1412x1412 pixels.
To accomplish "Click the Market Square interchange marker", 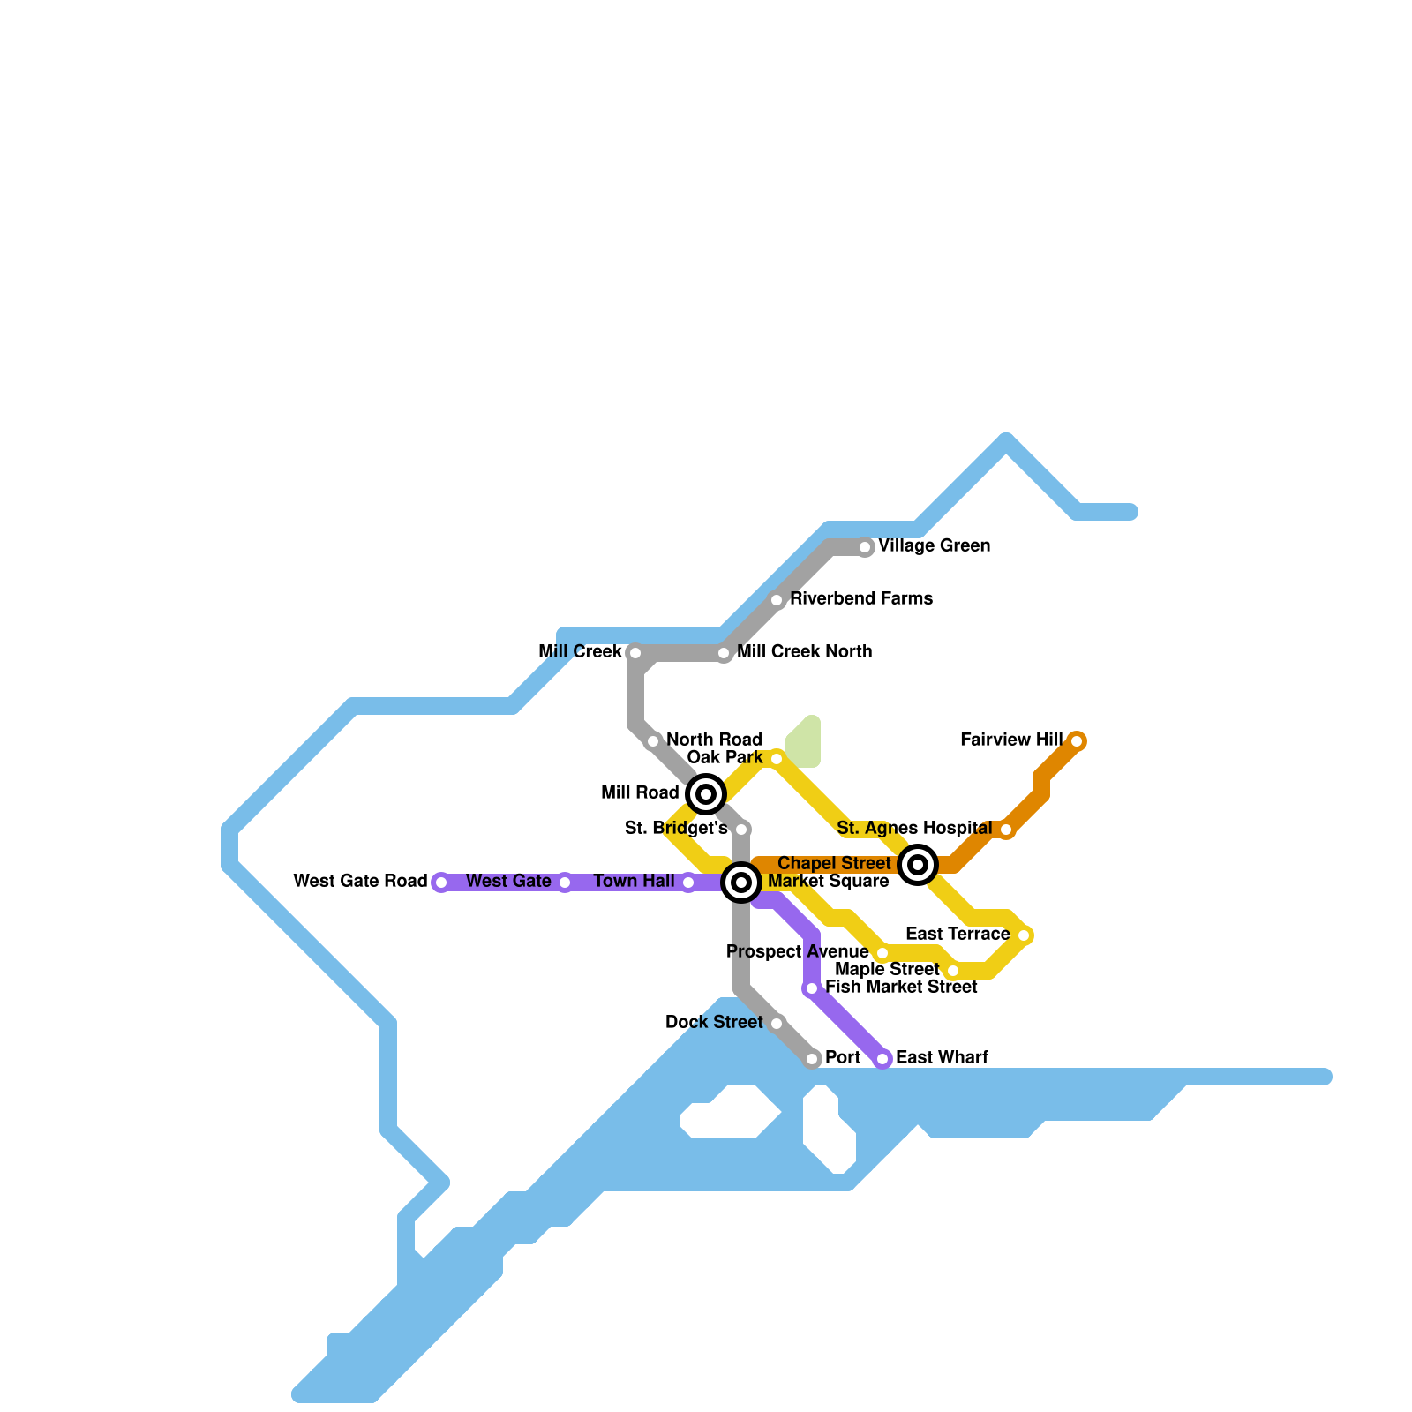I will tap(741, 882).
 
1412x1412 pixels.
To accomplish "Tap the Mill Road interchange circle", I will tap(706, 794).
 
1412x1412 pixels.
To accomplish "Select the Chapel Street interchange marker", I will tap(918, 865).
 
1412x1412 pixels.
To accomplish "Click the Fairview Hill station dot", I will tap(1077, 741).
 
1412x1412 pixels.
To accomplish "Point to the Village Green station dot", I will tap(865, 547).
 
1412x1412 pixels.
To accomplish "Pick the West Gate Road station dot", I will tap(441, 882).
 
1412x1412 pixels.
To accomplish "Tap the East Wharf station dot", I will tap(882, 1059).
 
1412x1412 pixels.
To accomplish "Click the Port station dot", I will tap(812, 1059).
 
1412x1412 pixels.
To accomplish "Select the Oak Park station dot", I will tap(777, 759).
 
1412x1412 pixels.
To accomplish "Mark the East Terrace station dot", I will tap(1024, 935).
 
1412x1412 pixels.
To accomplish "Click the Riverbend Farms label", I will tap(860, 599).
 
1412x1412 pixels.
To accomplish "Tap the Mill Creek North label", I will tap(804, 652).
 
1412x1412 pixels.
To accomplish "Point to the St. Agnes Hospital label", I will tap(914, 829).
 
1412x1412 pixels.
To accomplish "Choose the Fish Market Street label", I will tap(901, 988).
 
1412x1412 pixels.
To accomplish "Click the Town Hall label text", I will tap(634, 882).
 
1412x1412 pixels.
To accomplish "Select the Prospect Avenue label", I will tap(797, 952).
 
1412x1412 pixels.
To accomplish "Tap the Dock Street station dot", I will tap(777, 1024).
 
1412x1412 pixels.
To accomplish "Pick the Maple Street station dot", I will tap(953, 971).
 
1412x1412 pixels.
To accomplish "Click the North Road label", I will tap(714, 740).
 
